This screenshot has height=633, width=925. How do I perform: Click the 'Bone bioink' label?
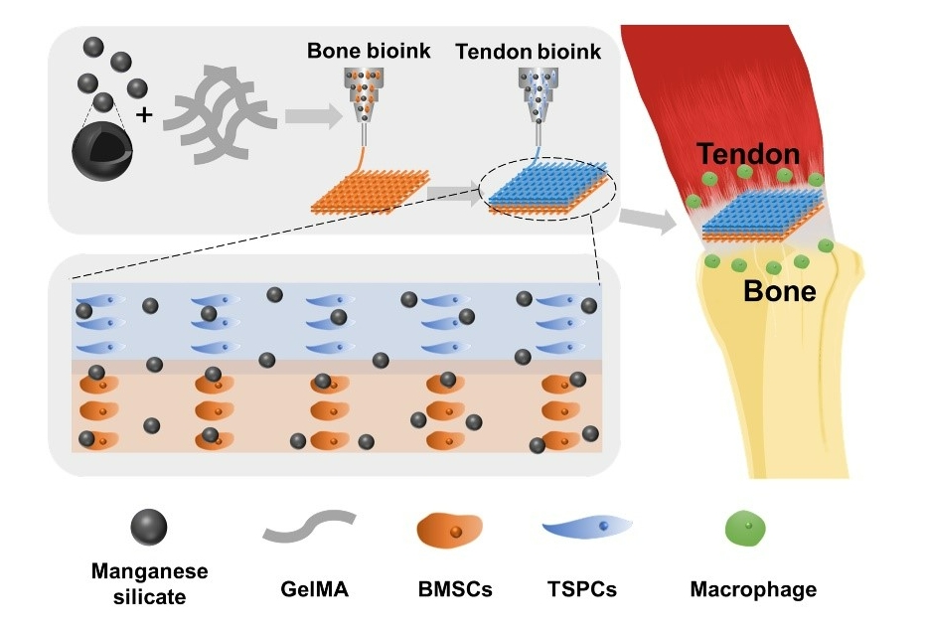pyautogui.click(x=369, y=51)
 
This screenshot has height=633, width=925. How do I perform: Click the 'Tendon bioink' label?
pyautogui.click(x=528, y=51)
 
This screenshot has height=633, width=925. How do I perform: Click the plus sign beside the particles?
pyautogui.click(x=144, y=115)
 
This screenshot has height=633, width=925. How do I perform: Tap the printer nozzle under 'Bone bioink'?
pyautogui.click(x=368, y=99)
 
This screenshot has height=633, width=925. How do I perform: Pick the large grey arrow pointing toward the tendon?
pyautogui.click(x=646, y=221)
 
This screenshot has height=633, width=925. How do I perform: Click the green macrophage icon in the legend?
pyautogui.click(x=747, y=527)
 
